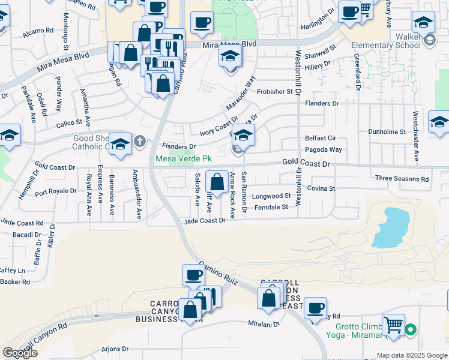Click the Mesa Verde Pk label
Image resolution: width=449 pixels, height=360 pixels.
pyautogui.click(x=184, y=159)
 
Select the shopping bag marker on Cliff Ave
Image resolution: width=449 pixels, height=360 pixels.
pyautogui.click(x=216, y=181)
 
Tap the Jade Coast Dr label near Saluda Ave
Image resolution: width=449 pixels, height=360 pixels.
pyautogui.click(x=205, y=220)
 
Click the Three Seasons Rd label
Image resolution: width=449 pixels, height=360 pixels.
pyautogui.click(x=402, y=179)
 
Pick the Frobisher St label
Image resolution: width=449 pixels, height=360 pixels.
pyautogui.click(x=274, y=92)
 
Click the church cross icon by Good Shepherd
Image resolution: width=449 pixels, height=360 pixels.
pyautogui.click(x=139, y=142)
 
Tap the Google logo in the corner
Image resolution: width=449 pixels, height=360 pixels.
pyautogui.click(x=20, y=353)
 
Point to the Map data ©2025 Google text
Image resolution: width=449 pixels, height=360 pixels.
pyautogui.click(x=412, y=355)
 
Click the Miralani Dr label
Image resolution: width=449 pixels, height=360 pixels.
pyautogui.click(x=265, y=323)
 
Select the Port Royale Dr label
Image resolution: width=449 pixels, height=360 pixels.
pyautogui.click(x=55, y=193)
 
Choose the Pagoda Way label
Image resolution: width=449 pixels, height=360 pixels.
pyautogui.click(x=324, y=149)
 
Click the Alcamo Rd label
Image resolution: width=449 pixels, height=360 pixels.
pyautogui.click(x=39, y=31)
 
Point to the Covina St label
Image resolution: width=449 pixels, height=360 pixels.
pyautogui.click(x=321, y=188)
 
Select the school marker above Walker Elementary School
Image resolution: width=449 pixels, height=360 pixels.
pyautogui.click(x=423, y=23)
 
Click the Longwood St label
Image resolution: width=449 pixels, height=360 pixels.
pyautogui.click(x=271, y=196)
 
